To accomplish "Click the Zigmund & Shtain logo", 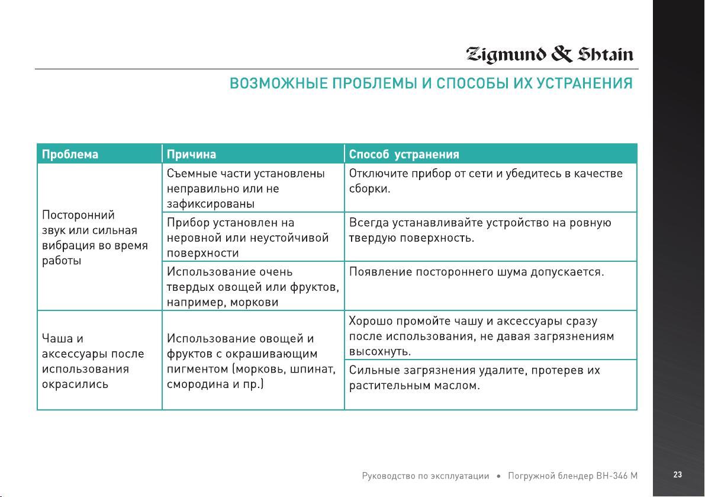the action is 549,54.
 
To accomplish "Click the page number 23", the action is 678,474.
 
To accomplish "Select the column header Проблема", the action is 70,154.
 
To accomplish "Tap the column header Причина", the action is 192,154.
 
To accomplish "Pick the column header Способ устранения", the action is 404,154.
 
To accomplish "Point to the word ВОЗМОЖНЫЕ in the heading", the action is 279,83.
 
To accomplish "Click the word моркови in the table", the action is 254,302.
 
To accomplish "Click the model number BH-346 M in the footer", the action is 617,476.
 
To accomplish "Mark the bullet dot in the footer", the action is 498,476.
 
